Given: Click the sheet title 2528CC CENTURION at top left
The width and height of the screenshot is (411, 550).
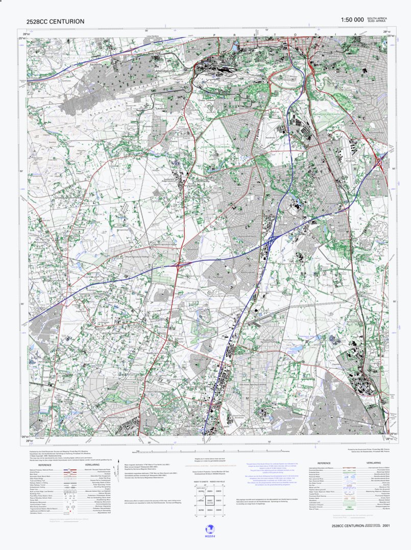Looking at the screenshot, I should (56, 21).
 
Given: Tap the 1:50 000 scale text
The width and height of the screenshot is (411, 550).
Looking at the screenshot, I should (352, 19).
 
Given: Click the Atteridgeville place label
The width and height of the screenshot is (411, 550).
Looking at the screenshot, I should (168, 72).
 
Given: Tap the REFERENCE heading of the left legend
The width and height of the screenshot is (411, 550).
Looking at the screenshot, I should (44, 465).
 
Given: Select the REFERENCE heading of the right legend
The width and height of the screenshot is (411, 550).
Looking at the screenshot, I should (324, 463).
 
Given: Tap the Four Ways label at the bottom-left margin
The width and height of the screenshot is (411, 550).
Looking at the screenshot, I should (40, 439).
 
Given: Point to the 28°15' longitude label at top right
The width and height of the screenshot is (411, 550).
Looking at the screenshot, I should (386, 32).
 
